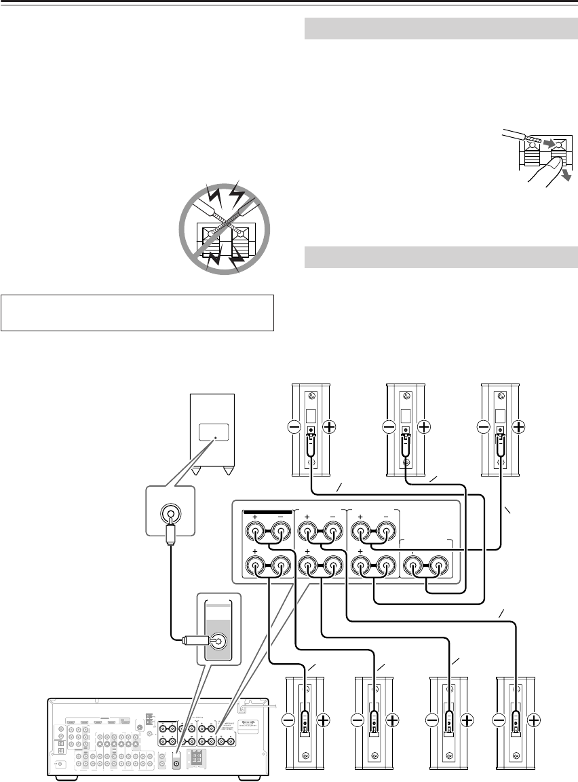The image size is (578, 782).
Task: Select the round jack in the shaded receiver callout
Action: pyautogui.click(x=218, y=640)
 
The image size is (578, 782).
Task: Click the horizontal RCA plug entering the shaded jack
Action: pyautogui.click(x=194, y=639)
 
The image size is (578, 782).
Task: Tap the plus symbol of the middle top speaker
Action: pyautogui.click(x=424, y=427)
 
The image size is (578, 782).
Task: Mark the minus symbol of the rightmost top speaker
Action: pyautogui.click(x=484, y=427)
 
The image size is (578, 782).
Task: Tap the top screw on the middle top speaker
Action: pyautogui.click(x=406, y=396)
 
